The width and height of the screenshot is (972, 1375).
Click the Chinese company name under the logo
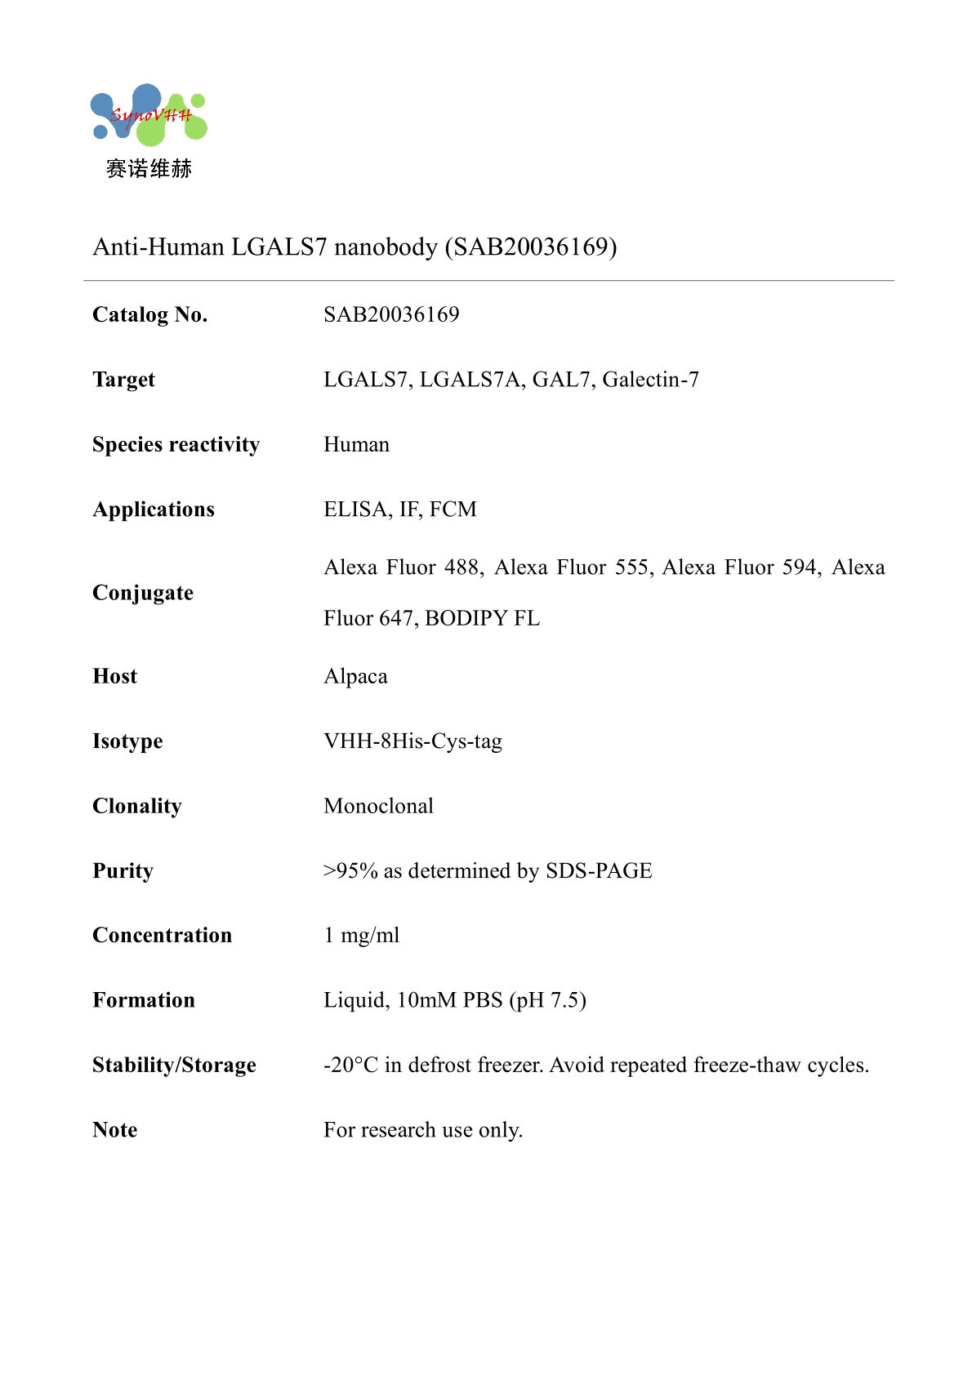tap(149, 169)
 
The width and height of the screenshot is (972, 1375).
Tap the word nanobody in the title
tap(386, 247)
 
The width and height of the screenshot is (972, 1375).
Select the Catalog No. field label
tap(149, 314)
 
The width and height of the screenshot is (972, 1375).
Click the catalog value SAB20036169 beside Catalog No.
tap(391, 314)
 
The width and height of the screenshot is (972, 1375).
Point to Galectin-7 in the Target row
tap(650, 380)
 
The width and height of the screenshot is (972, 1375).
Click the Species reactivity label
tap(176, 444)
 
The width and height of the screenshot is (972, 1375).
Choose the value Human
tap(356, 444)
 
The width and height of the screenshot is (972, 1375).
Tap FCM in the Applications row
tap(453, 510)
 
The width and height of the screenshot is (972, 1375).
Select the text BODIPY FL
tap(482, 618)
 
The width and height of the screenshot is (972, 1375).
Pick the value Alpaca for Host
tap(355, 676)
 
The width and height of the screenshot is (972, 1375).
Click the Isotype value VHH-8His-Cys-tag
tap(412, 741)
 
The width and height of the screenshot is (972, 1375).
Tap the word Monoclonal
tap(378, 806)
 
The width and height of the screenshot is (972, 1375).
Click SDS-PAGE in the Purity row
tap(599, 871)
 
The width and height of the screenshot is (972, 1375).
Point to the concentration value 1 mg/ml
tap(362, 936)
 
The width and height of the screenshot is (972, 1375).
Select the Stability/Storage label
tap(174, 1065)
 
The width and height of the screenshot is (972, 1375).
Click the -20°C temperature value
tap(350, 1066)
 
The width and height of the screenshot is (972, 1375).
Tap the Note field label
tap(115, 1130)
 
